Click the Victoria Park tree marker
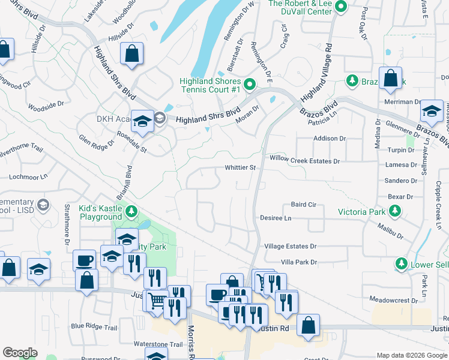[x=395, y=211]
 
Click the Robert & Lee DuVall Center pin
[x=341, y=7]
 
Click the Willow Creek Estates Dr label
[x=304, y=161]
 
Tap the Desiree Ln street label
[x=276, y=218]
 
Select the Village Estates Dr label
[x=290, y=246]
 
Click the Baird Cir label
[x=303, y=204]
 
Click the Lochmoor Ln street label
[x=28, y=178]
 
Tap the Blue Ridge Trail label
[x=94, y=327]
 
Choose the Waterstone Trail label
[x=158, y=344]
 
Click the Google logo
[x=20, y=353]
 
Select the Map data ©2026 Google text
[x=411, y=355]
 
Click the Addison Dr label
[x=330, y=138]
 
